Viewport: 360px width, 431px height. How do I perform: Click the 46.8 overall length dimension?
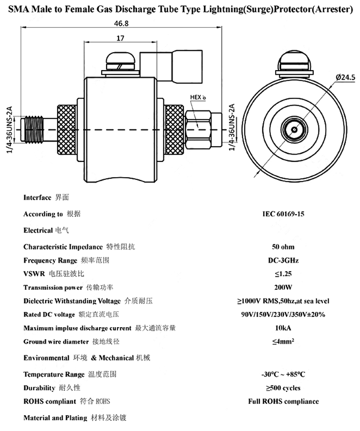[x=121, y=24]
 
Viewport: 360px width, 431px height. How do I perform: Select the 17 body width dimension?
[x=120, y=38]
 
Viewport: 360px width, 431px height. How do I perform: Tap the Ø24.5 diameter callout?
[x=345, y=77]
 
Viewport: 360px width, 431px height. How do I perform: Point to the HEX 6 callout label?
[x=198, y=97]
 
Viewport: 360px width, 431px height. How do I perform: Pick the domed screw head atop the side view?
[x=121, y=59]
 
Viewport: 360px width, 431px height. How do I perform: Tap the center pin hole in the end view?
[x=294, y=130]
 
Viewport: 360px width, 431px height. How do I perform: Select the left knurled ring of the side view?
[x=67, y=130]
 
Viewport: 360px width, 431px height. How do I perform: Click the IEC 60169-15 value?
[x=283, y=214]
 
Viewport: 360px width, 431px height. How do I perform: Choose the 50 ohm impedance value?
[x=283, y=246]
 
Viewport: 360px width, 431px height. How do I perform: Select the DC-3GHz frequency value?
[x=283, y=260]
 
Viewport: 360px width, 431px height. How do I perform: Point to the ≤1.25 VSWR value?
[x=283, y=274]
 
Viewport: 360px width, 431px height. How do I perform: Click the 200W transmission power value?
[x=283, y=287]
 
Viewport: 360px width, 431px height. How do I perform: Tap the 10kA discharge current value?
[x=283, y=328]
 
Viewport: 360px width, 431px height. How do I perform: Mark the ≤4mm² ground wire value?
[x=283, y=341]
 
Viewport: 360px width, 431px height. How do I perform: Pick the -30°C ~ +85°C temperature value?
[x=283, y=374]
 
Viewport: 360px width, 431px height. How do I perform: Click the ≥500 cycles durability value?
[x=283, y=388]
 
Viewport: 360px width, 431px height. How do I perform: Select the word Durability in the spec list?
[x=39, y=388]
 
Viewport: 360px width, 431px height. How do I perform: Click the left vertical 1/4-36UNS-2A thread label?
[x=10, y=130]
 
